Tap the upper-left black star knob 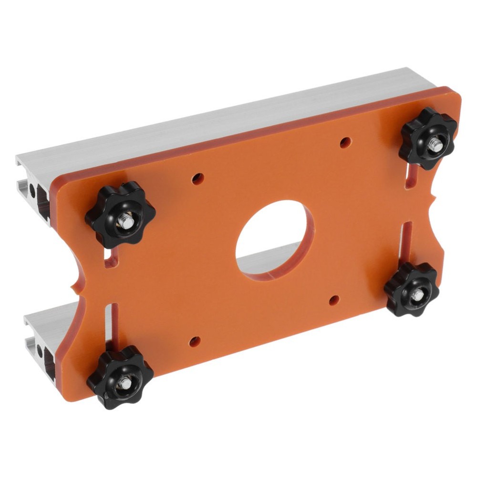(x=120, y=215)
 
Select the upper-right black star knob (x=428, y=138)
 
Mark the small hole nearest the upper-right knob (x=346, y=142)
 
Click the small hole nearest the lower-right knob (x=334, y=300)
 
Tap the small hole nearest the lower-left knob (x=194, y=341)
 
